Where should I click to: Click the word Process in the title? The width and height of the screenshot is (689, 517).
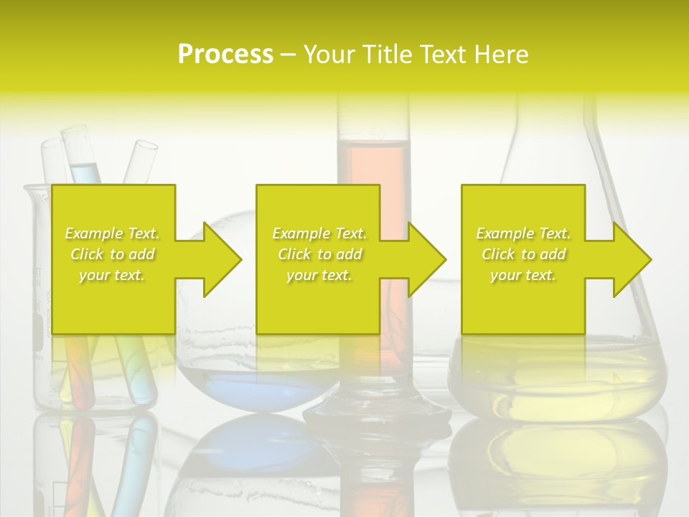225,54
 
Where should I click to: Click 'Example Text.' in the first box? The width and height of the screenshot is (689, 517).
113,233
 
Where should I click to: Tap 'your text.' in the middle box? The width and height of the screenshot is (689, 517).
319,275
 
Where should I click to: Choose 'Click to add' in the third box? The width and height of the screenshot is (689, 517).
523,254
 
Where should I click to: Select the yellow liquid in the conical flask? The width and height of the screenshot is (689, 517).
560,373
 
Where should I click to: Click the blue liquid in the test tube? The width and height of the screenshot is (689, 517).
87,173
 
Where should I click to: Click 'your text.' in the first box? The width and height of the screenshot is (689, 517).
113,275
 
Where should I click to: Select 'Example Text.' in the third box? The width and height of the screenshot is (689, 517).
523,233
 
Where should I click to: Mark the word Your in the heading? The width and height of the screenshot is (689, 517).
329,54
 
